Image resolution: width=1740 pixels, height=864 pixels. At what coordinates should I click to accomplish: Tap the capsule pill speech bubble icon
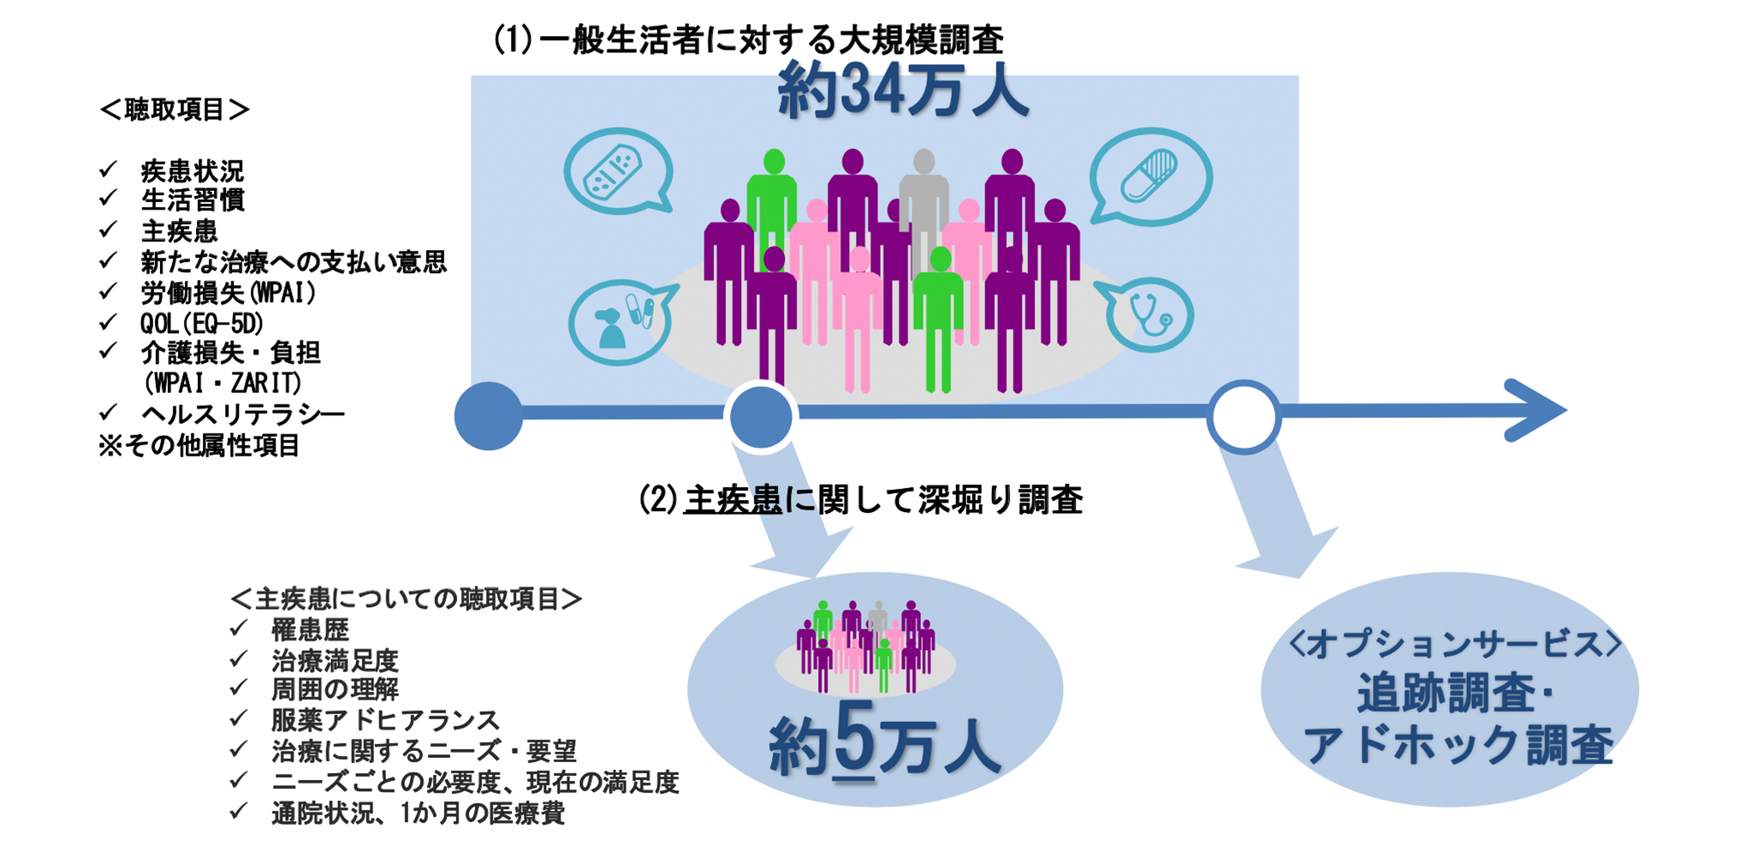coord(1149,176)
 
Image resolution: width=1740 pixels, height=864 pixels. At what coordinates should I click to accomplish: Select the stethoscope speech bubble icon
coord(1150,314)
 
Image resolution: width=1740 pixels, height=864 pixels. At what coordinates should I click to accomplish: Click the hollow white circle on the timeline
coord(1243,417)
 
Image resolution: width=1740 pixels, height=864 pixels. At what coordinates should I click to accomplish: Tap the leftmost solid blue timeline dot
coord(489,416)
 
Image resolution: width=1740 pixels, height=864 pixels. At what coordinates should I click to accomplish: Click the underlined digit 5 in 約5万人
coord(853,738)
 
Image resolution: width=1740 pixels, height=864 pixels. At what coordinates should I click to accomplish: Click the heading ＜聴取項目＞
coord(175,110)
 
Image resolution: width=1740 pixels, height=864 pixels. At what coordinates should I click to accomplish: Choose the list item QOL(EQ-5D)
coord(202,323)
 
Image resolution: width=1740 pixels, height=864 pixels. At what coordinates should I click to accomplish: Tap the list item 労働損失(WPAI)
coord(229,293)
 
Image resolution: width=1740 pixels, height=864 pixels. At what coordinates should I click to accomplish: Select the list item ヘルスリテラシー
coord(242,414)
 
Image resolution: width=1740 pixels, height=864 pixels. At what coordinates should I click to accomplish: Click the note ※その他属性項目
coord(199,445)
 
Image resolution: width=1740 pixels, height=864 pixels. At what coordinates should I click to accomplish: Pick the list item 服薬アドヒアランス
coord(385,720)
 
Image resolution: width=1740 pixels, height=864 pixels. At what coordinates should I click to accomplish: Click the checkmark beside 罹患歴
coord(239,629)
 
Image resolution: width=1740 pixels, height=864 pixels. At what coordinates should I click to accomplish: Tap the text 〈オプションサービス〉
coord(1454,644)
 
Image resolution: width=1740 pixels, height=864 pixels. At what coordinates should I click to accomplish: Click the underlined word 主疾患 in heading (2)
coord(733,500)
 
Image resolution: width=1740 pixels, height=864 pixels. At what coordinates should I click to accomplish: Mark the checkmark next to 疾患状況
coord(108,170)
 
